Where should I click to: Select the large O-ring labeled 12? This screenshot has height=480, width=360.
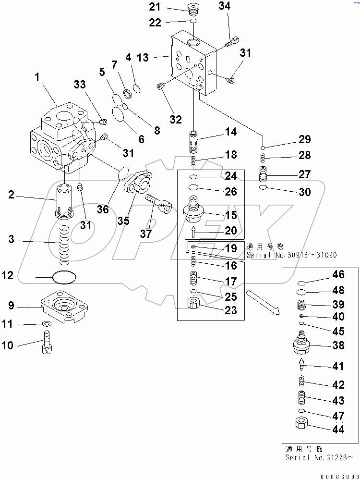pyautogui.click(x=64, y=277)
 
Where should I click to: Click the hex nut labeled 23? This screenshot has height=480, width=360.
pyautogui.click(x=195, y=304)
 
